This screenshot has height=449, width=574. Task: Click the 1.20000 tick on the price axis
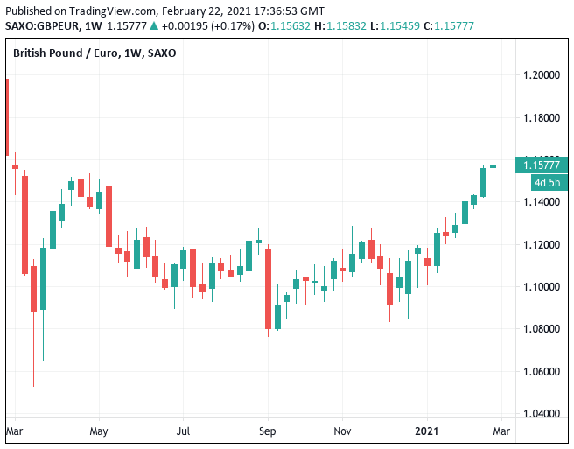542,75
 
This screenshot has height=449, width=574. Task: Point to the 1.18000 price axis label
542,117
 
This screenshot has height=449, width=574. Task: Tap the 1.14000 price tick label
542,202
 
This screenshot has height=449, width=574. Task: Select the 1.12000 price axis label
542,244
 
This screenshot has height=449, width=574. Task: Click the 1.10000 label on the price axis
542,287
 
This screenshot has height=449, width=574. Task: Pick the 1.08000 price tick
542,329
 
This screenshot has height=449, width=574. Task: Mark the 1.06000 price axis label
542,372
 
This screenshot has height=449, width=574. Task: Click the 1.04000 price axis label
542,414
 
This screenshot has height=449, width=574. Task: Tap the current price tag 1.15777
542,165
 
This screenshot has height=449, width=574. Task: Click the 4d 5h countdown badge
549,183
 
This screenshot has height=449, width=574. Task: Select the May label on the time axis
98,431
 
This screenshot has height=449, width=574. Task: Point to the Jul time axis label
184,431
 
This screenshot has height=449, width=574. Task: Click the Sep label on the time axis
268,431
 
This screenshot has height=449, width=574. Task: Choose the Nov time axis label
342,431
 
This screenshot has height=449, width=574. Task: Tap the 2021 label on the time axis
427,431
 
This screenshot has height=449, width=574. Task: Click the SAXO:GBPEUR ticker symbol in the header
44,25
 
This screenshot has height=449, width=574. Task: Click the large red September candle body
268,289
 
